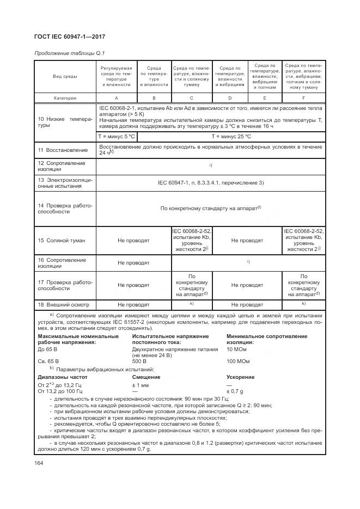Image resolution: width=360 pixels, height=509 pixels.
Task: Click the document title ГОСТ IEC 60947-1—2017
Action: pyautogui.click(x=70, y=36)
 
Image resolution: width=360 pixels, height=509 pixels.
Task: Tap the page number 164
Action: pyautogui.click(x=39, y=462)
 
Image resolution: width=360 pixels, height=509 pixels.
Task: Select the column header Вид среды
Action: pyautogui.click(x=65, y=77)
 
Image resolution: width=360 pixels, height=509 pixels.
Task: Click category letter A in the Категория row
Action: pyautogui.click(x=117, y=98)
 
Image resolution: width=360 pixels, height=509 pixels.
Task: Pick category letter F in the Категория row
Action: pyautogui.click(x=303, y=98)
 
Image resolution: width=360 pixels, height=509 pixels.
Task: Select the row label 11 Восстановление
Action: pyautogui.click(x=62, y=149)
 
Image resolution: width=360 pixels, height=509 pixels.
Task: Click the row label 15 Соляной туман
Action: pyautogui.click(x=62, y=240)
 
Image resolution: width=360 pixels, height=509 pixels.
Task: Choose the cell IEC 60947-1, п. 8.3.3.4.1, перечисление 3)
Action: pyautogui.click(x=210, y=182)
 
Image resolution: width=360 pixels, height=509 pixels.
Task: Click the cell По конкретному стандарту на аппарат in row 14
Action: pyautogui.click(x=210, y=207)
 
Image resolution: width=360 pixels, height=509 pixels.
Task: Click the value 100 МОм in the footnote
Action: pyautogui.click(x=239, y=361)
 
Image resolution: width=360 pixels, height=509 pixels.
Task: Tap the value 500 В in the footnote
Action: pyautogui.click(x=139, y=361)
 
